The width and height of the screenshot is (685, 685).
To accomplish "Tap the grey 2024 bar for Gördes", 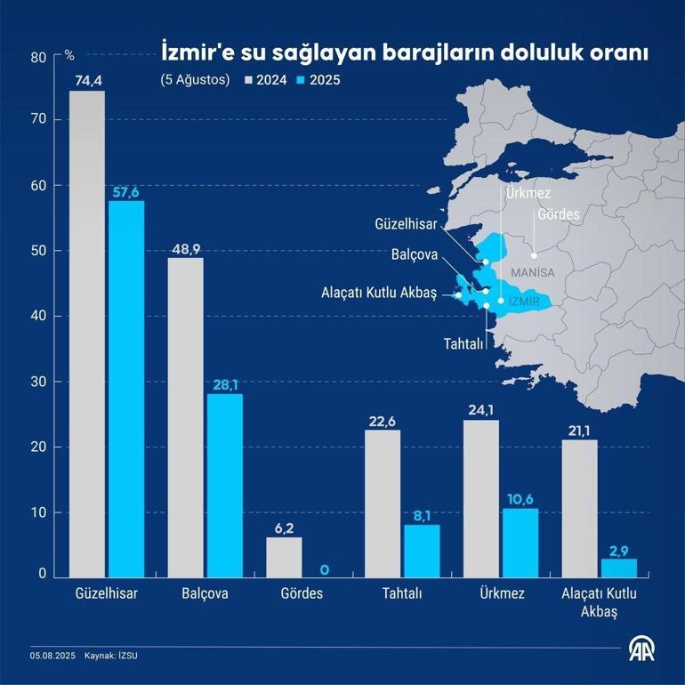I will click(x=284, y=557).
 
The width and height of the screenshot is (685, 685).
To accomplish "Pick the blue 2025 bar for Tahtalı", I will click(x=422, y=551).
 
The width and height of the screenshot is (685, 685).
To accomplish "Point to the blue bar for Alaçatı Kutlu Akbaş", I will click(x=618, y=568).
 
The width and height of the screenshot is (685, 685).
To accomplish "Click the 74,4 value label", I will click(x=87, y=81).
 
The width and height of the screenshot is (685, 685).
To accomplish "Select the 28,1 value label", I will click(x=225, y=384).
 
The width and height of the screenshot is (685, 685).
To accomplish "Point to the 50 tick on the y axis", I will click(x=37, y=251).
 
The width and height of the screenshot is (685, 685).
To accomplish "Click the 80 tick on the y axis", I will click(x=37, y=57).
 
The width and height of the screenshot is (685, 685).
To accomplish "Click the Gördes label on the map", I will click(x=559, y=215).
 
